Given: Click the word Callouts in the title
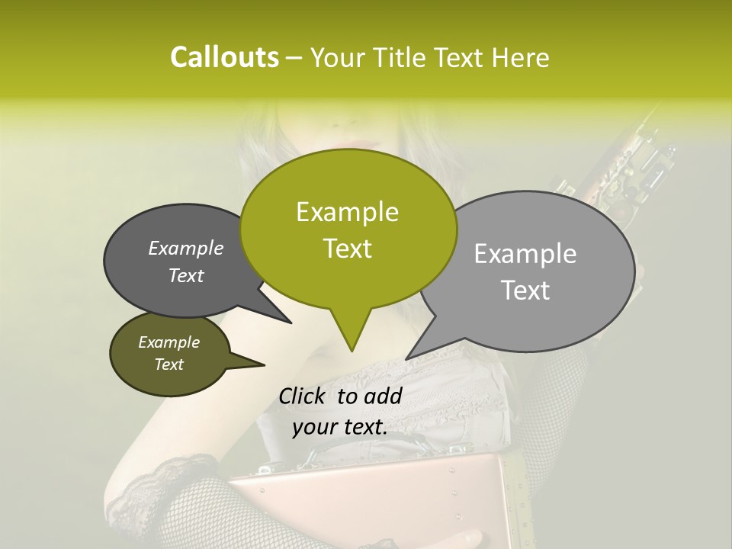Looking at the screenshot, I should click(x=224, y=58).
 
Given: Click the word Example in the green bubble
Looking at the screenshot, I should click(x=347, y=212).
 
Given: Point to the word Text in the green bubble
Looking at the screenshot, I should click(x=347, y=249).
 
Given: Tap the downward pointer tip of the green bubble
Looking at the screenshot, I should click(x=352, y=350).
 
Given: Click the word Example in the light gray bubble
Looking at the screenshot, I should click(x=525, y=254).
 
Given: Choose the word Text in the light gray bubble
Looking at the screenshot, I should click(x=525, y=291).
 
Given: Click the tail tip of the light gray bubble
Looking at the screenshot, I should click(x=406, y=358).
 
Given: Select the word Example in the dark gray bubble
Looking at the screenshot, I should click(x=186, y=248).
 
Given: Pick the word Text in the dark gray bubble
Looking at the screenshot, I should click(x=186, y=275).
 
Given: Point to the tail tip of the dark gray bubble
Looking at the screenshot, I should click(x=291, y=323).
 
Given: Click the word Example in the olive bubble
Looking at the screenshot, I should click(x=169, y=342).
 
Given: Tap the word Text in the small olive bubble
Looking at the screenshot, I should click(x=169, y=364).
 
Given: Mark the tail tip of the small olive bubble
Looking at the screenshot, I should click(x=264, y=365).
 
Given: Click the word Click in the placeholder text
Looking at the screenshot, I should click(x=303, y=396).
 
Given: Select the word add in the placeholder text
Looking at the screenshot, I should click(x=384, y=396).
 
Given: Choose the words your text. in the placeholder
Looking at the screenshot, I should click(x=340, y=427).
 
